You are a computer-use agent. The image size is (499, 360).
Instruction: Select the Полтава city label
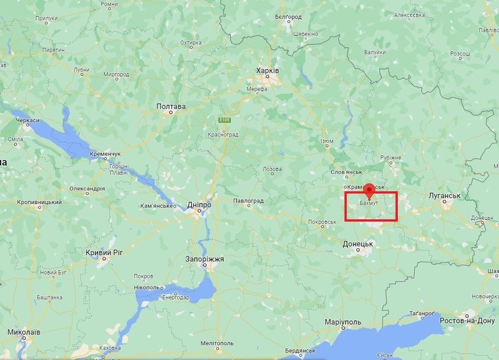[170, 107]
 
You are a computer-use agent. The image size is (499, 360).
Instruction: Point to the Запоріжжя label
[205, 258]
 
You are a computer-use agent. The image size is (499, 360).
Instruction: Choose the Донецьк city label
[357, 244]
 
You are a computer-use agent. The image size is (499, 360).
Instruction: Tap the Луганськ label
[445, 196]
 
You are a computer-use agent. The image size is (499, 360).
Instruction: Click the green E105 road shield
[225, 120]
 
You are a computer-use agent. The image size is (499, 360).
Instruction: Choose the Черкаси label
[28, 120]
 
